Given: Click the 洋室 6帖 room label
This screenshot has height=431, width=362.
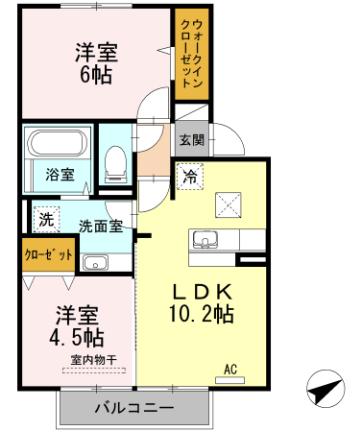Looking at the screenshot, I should point(96,62).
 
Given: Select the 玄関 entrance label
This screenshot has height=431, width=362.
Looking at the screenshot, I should point(190,140).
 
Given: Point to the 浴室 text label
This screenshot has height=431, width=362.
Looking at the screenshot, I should point(60,175).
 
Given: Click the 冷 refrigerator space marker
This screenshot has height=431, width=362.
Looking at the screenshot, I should point(190,177).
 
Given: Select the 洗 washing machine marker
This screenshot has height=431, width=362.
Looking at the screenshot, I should point(46,218).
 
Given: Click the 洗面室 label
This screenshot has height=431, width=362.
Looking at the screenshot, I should point(100,227).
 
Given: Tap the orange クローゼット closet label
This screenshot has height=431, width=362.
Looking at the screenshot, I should point(49,255).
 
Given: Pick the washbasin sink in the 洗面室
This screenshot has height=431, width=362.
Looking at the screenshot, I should point(96,263).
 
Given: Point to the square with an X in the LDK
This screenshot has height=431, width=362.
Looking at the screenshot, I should point(228,203).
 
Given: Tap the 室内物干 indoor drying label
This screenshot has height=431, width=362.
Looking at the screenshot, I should point(93,360).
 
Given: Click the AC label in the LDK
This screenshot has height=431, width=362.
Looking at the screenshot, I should point(230,368).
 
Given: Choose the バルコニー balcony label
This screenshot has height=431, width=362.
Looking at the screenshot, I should point(133,407).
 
